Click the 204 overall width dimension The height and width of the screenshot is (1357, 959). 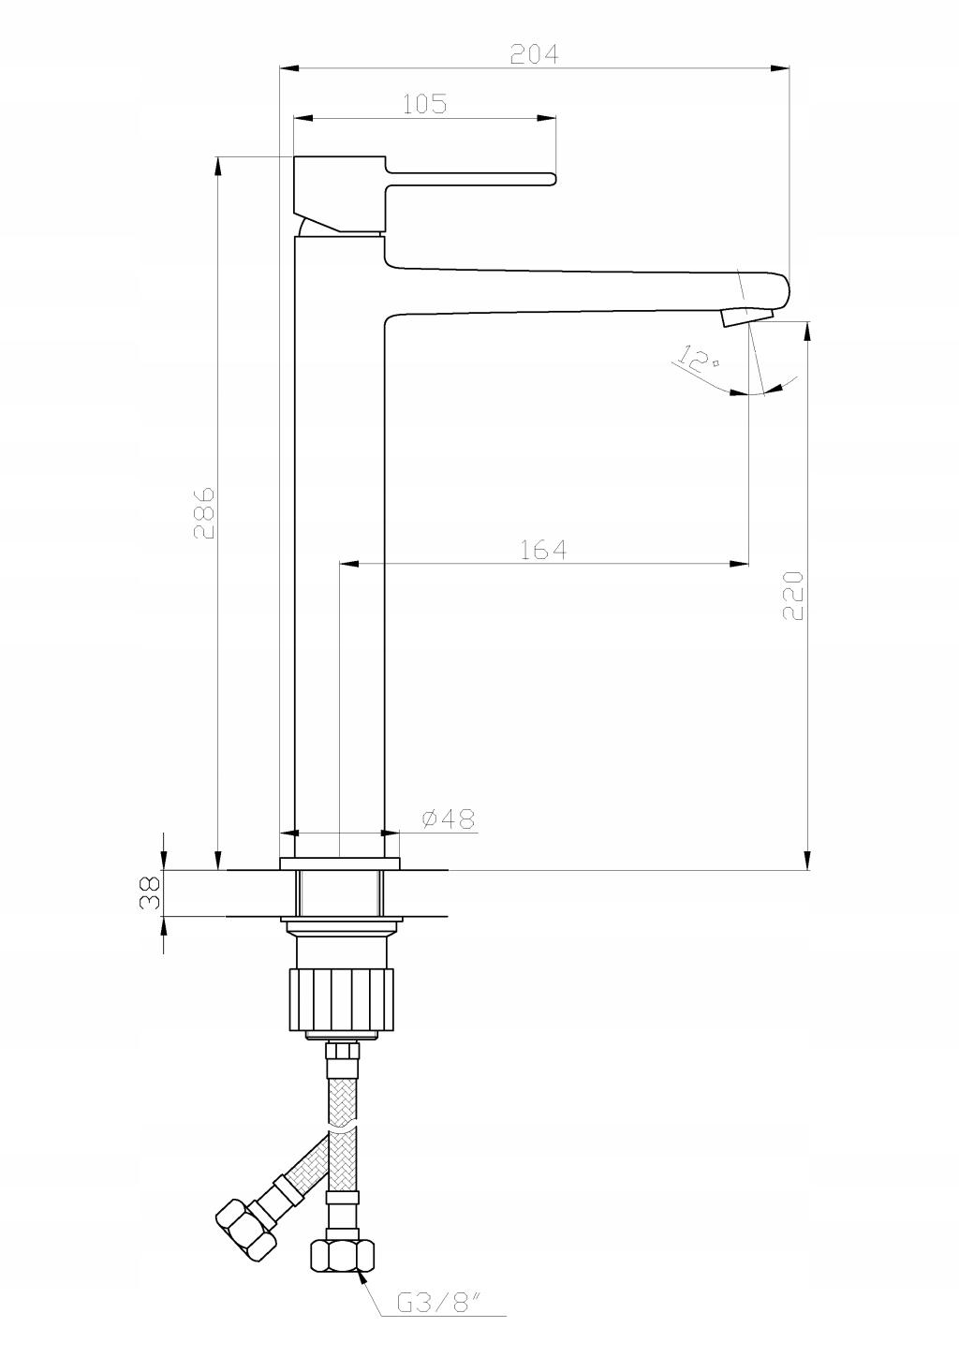pos(535,54)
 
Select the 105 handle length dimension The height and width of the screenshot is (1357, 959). pos(425,104)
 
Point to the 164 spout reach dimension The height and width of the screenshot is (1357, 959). pos(543,550)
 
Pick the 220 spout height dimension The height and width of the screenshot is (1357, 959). pos(792,595)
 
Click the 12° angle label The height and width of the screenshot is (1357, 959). pos(698,359)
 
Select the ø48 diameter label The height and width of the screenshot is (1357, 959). pos(449,819)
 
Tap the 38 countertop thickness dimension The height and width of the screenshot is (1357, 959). pos(150,892)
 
